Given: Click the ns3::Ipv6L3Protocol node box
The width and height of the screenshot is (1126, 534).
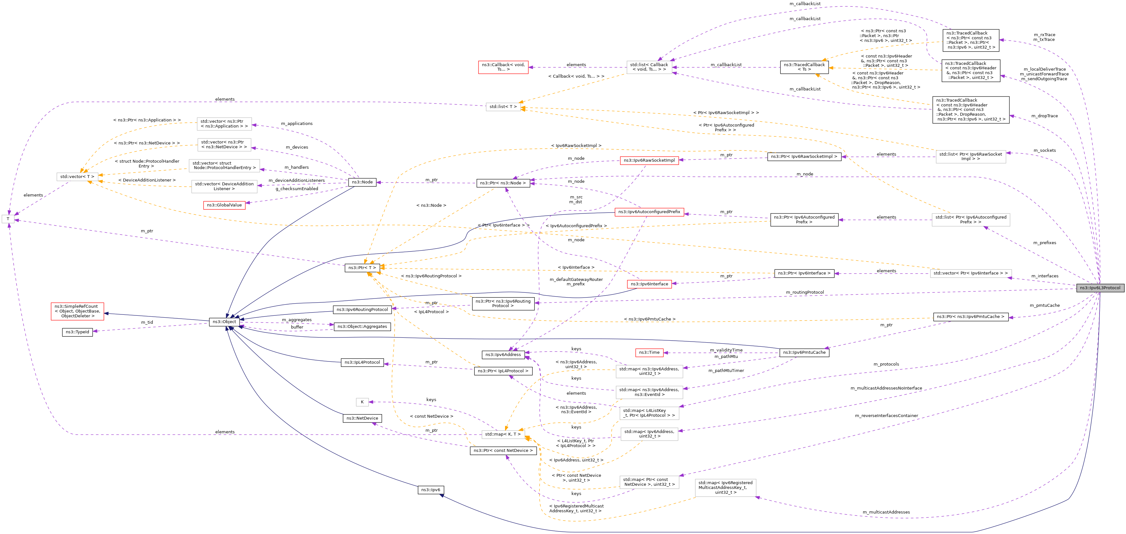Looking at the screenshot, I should pos(1100,288).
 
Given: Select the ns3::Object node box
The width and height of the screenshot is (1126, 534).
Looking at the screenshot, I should pos(224,322).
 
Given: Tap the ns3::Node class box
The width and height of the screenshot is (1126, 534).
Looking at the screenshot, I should pos(362,182).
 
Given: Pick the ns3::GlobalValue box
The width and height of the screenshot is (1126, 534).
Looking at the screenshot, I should pos(224,205).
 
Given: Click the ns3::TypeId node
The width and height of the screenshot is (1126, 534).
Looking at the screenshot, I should pos(77,332).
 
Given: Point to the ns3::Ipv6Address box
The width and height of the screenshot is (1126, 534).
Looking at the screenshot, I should pos(503,355).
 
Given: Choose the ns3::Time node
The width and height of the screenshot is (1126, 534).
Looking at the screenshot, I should pos(649,352).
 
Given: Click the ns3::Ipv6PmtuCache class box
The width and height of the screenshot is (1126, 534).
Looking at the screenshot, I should pos(804,352).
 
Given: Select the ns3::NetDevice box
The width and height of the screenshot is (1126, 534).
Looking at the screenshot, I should pos(362,419).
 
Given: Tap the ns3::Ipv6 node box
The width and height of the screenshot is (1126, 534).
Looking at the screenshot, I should pos(431,490).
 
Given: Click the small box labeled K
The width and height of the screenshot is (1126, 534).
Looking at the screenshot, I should pos(362,402).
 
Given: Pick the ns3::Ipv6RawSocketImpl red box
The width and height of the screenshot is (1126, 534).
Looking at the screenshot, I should pos(649,160).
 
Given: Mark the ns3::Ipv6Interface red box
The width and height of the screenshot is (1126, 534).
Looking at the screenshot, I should pos(649,284).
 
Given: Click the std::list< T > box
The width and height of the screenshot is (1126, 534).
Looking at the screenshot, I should pos(503,107).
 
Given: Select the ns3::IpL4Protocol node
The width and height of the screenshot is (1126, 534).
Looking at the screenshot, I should pos(362,363).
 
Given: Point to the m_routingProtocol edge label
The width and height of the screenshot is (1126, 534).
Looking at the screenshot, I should pos(805,292).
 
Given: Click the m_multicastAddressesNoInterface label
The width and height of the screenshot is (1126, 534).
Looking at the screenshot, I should pos(886,388).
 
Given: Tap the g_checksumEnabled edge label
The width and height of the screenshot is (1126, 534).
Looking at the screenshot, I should pos(297,189).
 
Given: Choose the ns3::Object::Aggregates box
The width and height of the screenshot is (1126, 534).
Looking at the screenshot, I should pos(362,327).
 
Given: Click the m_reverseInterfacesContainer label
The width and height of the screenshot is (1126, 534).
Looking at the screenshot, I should pos(886,416).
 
